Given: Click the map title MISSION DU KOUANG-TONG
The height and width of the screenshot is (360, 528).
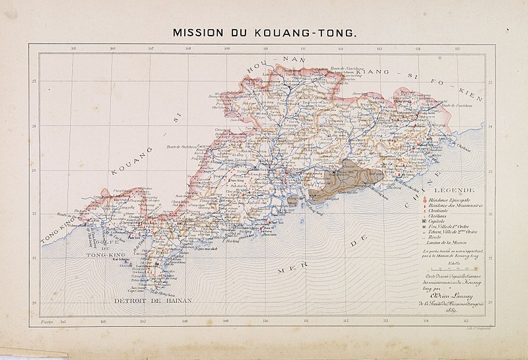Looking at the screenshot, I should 263,32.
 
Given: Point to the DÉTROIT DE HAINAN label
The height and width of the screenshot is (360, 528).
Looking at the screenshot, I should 152,301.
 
